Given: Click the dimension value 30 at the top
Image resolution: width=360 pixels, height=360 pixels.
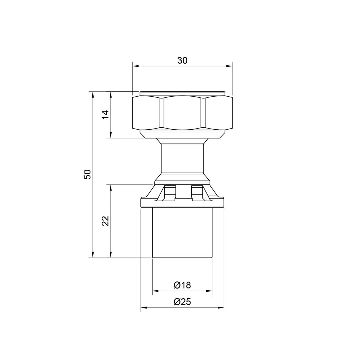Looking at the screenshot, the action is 182,61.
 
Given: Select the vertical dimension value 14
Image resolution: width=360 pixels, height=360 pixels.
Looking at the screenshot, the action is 105,114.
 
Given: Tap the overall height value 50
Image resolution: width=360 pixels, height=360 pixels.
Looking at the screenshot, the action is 87,174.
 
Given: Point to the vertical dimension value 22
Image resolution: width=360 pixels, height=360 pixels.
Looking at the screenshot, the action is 106,221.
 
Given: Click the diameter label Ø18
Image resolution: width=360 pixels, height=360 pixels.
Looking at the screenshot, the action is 182,285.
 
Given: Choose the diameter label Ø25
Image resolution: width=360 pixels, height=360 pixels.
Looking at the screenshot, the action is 182,302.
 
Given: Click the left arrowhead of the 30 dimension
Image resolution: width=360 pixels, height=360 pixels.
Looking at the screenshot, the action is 135,66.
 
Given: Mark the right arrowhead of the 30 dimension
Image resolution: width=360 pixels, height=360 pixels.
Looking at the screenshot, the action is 229,66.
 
